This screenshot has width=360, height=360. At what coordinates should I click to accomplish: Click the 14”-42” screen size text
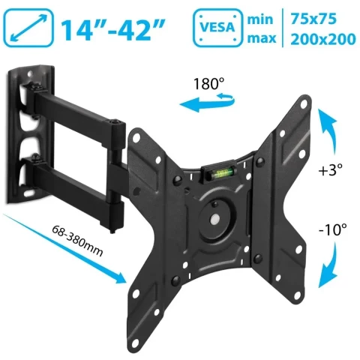tap(115, 30)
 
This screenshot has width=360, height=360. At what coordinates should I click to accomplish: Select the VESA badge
tap(217, 28)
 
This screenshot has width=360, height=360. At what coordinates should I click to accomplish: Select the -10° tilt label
tap(333, 229)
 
